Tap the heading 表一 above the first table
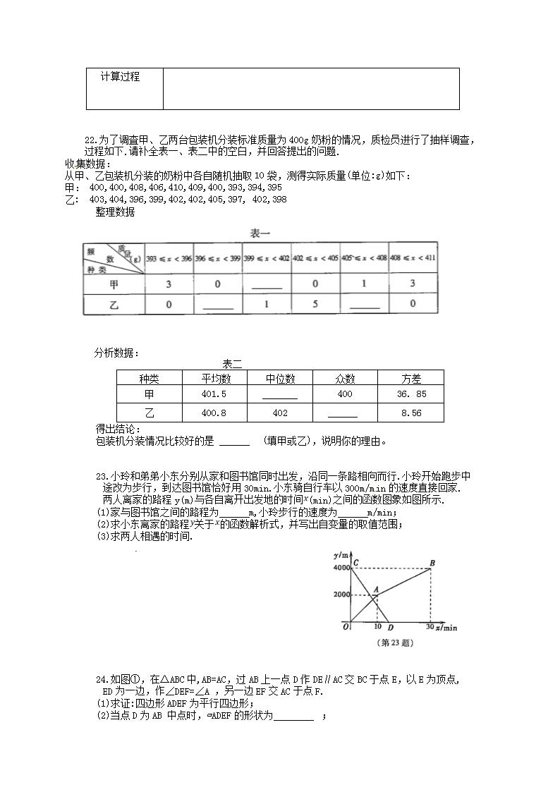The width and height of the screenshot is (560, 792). coord(260,233)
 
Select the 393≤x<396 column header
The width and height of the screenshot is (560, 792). coord(169,258)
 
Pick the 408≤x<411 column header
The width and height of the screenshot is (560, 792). coord(413,257)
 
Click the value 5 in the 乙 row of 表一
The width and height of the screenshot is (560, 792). coord(315,304)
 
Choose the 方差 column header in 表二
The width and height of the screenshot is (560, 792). coord(410,378)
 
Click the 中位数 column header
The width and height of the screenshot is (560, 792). coord(280,378)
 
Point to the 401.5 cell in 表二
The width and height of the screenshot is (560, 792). coord(214,395)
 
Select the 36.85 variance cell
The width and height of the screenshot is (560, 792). coord(410,395)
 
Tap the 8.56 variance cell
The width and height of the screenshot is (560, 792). coord(410,413)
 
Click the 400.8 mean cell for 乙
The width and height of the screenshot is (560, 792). coord(214,413)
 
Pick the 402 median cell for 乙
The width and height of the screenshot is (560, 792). coord(280,413)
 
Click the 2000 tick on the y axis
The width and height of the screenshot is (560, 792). coord(341,595)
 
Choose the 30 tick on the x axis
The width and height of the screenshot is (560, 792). coord(430,627)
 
